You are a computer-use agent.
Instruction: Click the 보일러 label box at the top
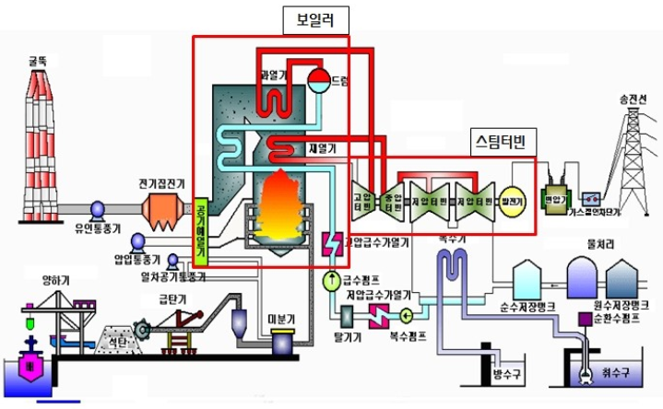(316, 18)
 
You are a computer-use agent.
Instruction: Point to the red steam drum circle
(319, 81)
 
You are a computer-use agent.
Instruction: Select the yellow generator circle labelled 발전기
(511, 200)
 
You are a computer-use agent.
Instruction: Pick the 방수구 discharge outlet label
(508, 374)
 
